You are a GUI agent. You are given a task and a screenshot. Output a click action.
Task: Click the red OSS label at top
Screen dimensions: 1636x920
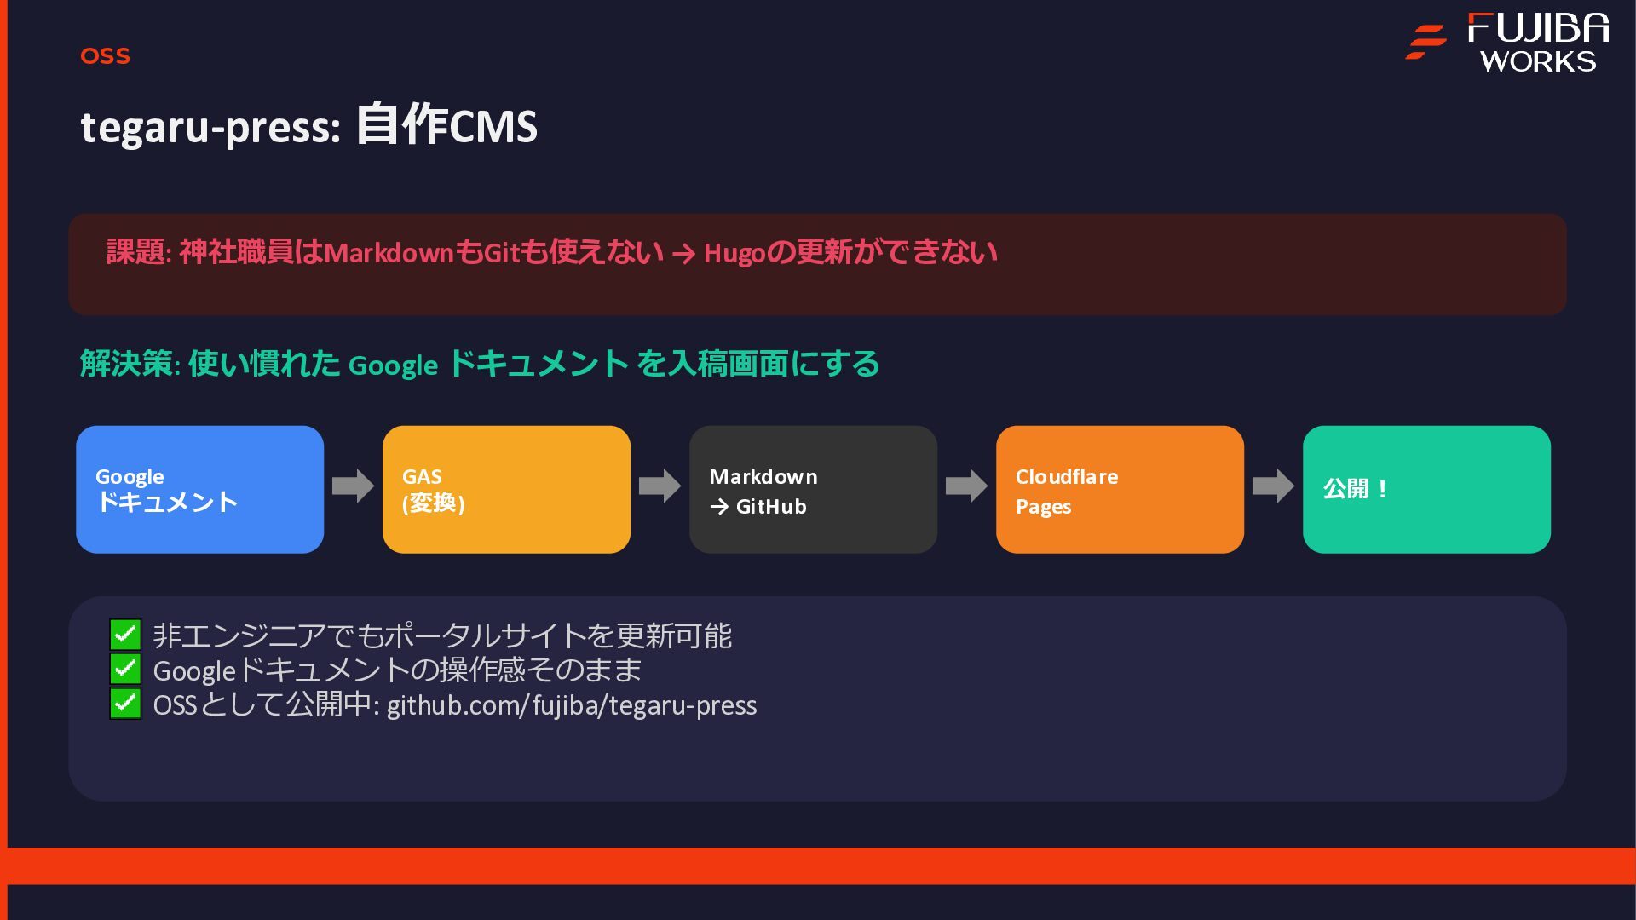pyautogui.click(x=105, y=56)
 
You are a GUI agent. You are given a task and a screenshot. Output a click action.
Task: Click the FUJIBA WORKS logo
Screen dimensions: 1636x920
pyautogui.click(x=1508, y=43)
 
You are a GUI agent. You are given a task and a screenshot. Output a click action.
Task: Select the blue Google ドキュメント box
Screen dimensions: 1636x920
pyautogui.click(x=199, y=490)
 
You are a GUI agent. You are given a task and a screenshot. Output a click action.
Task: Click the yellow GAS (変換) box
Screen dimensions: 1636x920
pyautogui.click(x=506, y=490)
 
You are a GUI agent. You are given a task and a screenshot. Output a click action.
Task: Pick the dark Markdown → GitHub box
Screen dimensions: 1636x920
pyautogui.click(x=813, y=490)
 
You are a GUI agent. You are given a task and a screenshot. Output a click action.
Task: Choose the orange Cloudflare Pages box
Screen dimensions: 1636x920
pyautogui.click(x=1120, y=490)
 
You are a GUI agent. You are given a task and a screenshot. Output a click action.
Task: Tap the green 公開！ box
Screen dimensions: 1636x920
pyautogui.click(x=1426, y=490)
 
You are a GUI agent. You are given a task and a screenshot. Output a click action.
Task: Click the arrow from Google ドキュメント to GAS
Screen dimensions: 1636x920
pyautogui.click(x=353, y=486)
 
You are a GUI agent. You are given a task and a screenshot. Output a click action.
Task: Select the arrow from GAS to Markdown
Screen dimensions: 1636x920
pyautogui.click(x=660, y=486)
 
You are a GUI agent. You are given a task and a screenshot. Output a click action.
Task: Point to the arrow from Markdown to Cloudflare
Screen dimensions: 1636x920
pyautogui.click(x=966, y=486)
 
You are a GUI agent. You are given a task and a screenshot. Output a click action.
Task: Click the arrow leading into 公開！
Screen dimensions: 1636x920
pyautogui.click(x=1273, y=486)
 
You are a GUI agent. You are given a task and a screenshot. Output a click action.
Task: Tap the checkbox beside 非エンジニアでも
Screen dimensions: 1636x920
pyautogui.click(x=125, y=635)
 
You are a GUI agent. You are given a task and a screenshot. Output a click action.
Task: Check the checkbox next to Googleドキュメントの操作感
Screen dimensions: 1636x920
pyautogui.click(x=125, y=669)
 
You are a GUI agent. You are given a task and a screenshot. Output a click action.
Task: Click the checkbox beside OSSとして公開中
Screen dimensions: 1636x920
pyautogui.click(x=125, y=704)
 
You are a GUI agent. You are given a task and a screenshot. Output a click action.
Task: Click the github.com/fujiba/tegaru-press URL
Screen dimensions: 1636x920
pyautogui.click(x=571, y=705)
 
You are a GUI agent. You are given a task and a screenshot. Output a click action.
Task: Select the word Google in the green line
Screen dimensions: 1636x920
pyautogui.click(x=393, y=365)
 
